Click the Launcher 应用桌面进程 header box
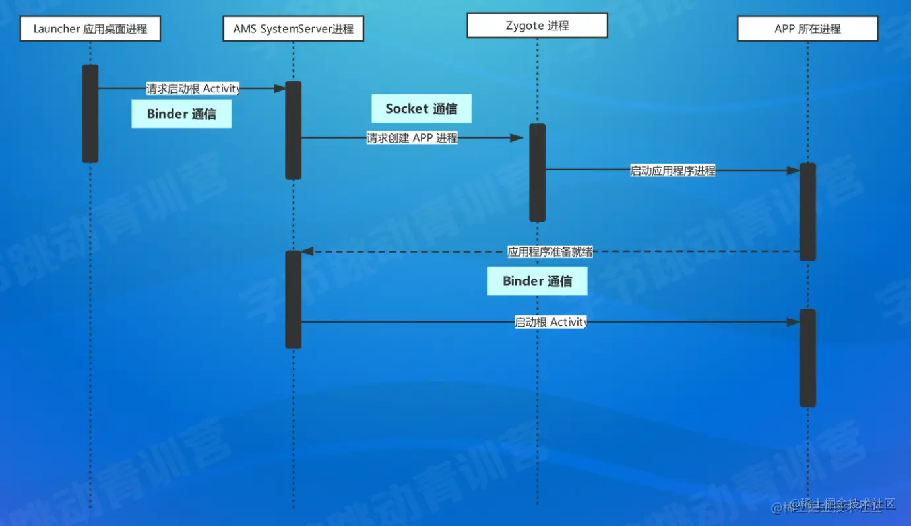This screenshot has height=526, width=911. [x=90, y=29]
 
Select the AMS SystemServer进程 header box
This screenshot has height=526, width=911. [x=294, y=29]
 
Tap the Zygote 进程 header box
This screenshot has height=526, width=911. [x=537, y=26]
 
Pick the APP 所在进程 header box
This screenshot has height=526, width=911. [x=807, y=29]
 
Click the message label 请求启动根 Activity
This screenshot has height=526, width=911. [x=193, y=88]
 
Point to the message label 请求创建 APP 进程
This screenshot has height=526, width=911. [x=412, y=138]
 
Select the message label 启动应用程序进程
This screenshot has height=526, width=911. [x=672, y=170]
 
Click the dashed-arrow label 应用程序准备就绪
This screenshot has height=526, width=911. [x=550, y=251]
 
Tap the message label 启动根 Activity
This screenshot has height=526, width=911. [x=551, y=322]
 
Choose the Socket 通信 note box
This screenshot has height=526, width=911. [x=422, y=109]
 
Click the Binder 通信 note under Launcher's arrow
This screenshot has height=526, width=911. [x=181, y=114]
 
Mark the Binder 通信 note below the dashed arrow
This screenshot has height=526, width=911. [x=537, y=281]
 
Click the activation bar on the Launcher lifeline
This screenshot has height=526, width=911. [x=90, y=114]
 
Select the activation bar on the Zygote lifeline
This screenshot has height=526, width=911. [x=538, y=173]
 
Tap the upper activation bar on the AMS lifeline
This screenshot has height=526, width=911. [x=294, y=130]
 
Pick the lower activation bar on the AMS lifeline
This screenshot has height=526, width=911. [x=294, y=300]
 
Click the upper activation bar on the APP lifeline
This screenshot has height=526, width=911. [x=807, y=212]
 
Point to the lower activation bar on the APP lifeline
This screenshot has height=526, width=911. [x=807, y=358]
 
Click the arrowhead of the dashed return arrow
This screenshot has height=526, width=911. [x=307, y=251]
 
